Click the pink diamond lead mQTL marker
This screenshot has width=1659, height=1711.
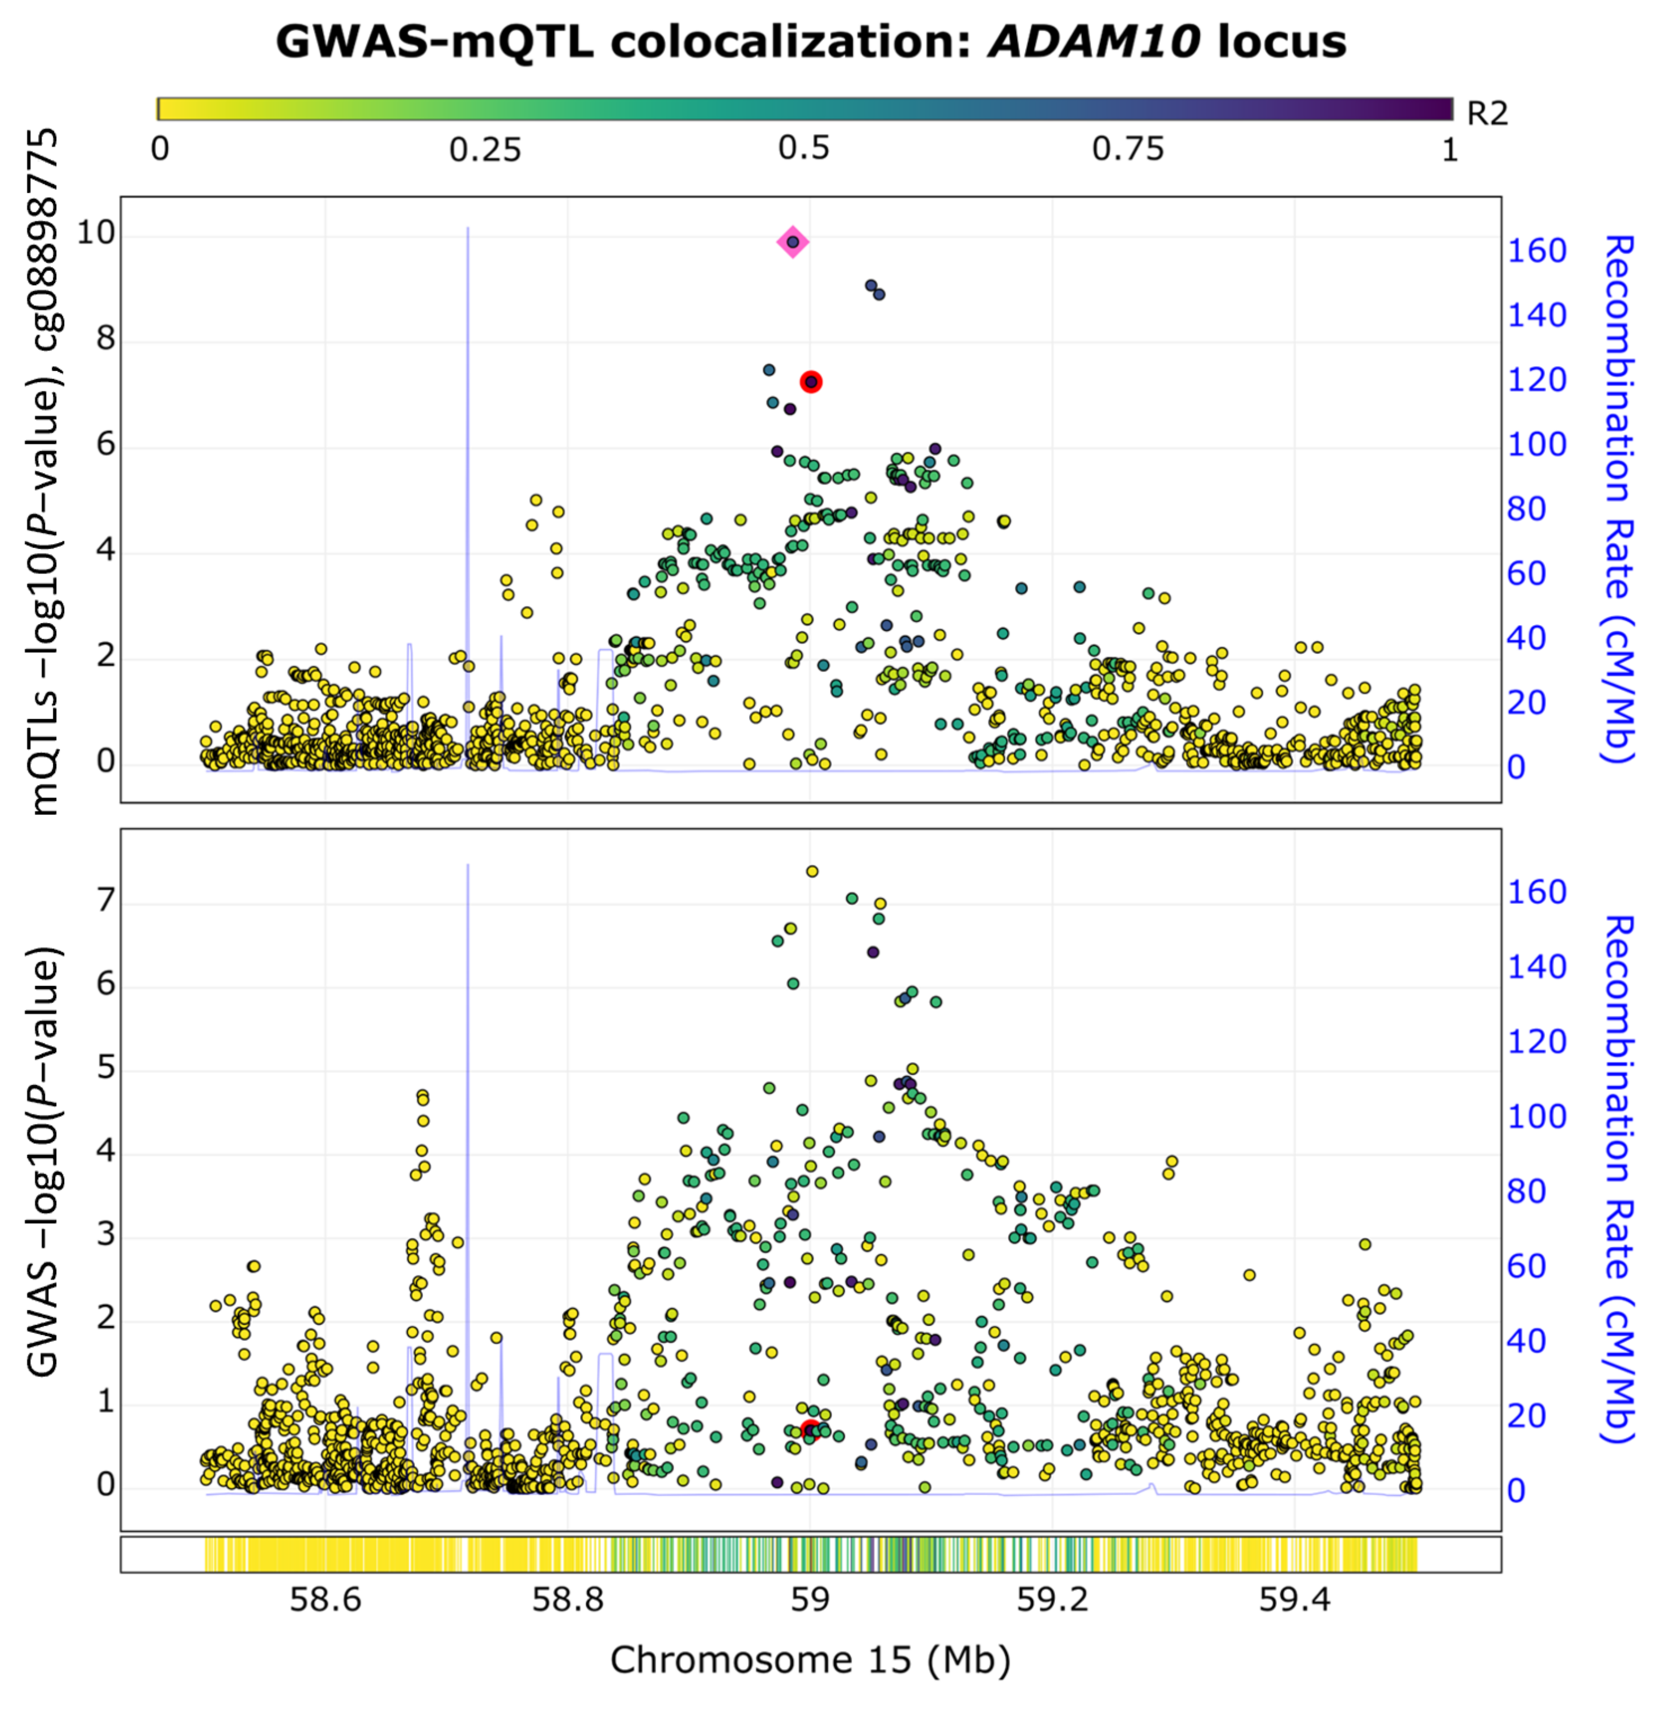792,242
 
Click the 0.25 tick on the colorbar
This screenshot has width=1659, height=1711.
485,150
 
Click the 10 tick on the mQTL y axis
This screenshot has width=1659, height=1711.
96,233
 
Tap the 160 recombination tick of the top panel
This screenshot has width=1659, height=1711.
1536,252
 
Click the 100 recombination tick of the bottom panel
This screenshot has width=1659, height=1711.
1536,1116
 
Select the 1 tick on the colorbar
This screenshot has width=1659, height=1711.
1449,150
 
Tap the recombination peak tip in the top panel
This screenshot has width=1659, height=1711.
468,229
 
